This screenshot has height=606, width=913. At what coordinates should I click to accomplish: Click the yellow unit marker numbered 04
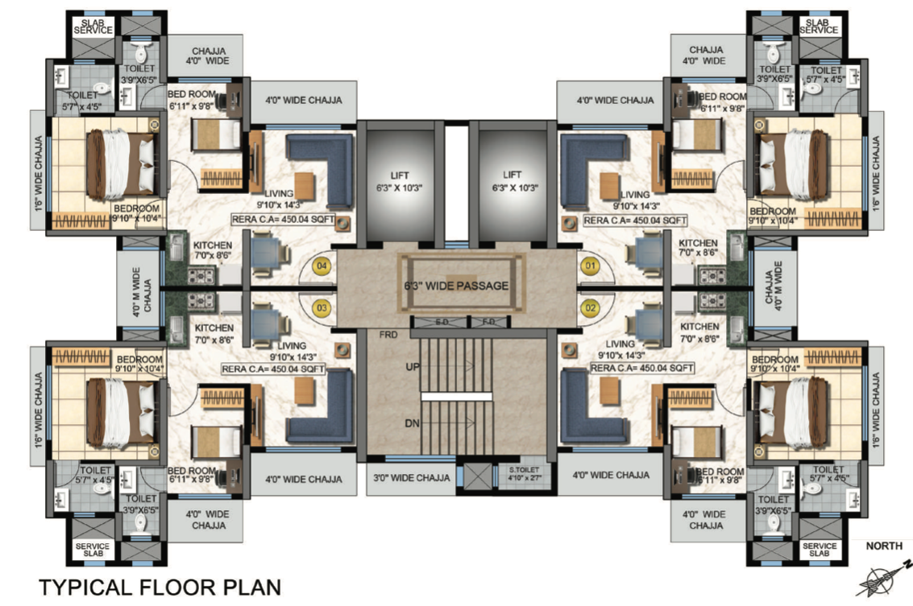[x=322, y=266]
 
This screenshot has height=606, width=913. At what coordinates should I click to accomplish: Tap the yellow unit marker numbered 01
[x=590, y=266]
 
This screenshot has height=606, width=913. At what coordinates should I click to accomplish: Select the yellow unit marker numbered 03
[x=322, y=307]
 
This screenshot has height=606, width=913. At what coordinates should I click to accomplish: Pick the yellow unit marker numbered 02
[x=590, y=307]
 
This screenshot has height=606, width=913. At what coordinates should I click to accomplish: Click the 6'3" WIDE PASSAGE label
[x=456, y=286]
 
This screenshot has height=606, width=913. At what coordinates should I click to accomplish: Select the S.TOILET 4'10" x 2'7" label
[x=524, y=473]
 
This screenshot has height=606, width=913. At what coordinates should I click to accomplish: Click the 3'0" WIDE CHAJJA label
[x=412, y=478]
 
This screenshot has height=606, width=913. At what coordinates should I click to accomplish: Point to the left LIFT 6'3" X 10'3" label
[x=400, y=181]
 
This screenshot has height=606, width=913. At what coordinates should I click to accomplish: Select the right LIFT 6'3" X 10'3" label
[x=513, y=181]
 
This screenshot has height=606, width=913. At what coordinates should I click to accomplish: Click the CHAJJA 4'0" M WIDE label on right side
[x=772, y=287]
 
